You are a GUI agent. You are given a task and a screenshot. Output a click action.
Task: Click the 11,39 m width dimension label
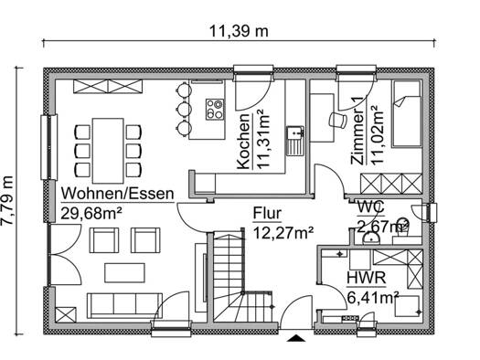tap(239, 31)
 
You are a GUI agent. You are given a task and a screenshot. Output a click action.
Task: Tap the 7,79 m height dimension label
tap(7, 201)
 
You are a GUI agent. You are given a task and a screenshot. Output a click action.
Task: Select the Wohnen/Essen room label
tap(118, 194)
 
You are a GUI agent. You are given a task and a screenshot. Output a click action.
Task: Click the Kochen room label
tap(244, 142)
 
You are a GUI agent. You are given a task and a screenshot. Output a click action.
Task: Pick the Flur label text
tap(267, 214)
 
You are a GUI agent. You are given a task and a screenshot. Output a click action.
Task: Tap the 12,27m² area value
tap(283, 233)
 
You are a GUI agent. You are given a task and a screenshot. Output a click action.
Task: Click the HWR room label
tap(366, 278)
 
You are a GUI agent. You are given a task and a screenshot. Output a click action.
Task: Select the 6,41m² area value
tap(373, 297)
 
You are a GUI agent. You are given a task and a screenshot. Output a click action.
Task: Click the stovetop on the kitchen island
tap(214, 110)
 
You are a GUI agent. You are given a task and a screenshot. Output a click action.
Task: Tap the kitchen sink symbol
tap(295, 141)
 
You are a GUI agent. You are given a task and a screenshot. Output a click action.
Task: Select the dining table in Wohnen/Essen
tap(108, 151)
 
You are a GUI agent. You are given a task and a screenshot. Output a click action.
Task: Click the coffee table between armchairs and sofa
tap(124, 273)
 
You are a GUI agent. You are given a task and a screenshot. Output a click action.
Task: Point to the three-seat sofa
tap(124, 306)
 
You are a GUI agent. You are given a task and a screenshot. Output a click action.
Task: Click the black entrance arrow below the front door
tap(296, 338)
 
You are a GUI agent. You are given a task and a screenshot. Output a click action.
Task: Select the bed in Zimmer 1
tap(407, 114)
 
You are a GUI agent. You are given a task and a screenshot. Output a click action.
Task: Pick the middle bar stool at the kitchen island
tap(184, 109)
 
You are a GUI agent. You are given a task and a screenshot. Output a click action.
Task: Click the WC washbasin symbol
tap(371, 238)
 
